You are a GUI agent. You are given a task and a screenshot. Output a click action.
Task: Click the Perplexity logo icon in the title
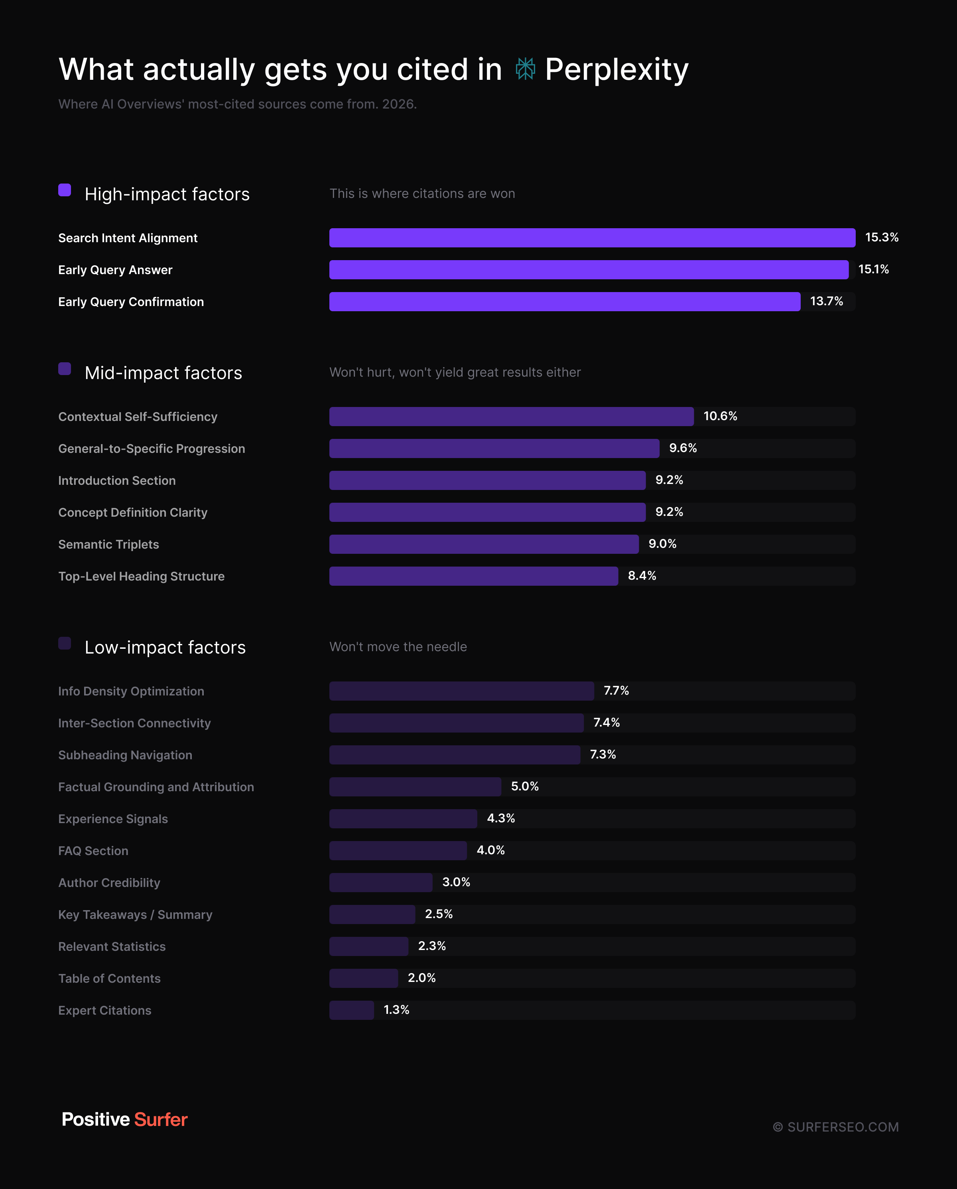point(526,69)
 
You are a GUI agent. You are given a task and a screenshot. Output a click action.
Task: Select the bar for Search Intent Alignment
point(592,238)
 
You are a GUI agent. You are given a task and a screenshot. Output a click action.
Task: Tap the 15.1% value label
point(873,269)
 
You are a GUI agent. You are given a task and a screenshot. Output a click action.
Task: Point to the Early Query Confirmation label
point(131,302)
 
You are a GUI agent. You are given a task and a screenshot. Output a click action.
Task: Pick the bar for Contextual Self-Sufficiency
point(512,417)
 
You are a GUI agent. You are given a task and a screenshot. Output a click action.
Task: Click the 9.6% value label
point(683,448)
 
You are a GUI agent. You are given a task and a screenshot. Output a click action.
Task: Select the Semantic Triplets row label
point(108,544)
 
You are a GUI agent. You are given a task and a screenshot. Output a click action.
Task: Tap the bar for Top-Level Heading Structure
point(474,576)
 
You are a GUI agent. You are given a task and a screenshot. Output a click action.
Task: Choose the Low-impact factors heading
point(165,648)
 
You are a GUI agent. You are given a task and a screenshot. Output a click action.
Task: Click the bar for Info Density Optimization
point(461,691)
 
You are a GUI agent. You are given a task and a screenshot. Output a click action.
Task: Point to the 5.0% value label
point(525,786)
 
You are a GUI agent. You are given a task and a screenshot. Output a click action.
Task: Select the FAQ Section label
point(93,851)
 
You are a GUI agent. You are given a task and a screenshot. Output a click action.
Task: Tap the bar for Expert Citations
point(352,1010)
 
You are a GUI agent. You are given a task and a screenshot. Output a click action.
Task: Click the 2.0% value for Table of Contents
point(422,978)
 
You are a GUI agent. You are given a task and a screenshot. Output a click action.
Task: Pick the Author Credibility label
point(109,883)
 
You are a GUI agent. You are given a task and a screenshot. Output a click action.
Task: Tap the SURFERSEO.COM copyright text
point(836,1127)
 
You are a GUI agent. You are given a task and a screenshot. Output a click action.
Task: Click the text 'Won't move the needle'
point(398,647)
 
